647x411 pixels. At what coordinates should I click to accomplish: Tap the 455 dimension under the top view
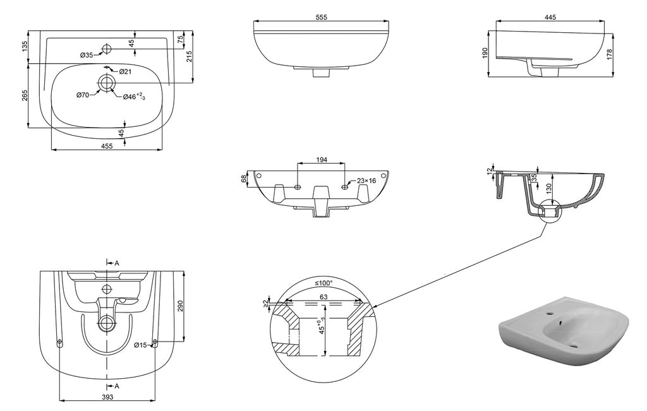[x=107, y=146]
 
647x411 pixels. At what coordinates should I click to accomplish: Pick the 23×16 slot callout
[x=366, y=181]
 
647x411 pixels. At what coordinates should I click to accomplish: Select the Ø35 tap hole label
[x=87, y=56]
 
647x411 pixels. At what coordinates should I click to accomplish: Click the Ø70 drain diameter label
[x=82, y=95]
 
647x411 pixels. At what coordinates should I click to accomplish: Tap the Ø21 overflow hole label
[x=125, y=71]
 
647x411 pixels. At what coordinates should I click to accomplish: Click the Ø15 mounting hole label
[x=140, y=345]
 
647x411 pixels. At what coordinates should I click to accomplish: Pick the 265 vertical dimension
[x=25, y=95]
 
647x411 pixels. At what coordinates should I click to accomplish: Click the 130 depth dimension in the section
[x=549, y=187]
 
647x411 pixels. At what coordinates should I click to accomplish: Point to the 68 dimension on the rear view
[x=244, y=179]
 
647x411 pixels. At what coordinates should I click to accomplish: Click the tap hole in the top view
[x=106, y=49]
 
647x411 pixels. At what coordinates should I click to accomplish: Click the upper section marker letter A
[x=117, y=263]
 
